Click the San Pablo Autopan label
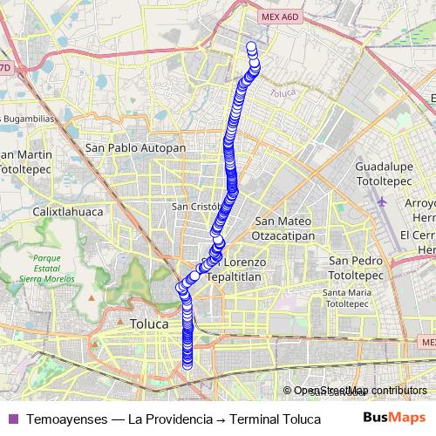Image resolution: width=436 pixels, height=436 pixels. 135,148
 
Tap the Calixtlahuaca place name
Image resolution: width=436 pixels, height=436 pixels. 68,212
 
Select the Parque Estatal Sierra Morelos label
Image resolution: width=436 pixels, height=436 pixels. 54,270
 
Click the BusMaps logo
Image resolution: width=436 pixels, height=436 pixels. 394,417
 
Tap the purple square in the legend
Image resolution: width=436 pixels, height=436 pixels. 11,419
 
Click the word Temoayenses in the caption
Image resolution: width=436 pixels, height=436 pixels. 65,419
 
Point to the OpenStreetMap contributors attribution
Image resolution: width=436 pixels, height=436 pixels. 358,391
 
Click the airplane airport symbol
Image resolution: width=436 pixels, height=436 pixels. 384,201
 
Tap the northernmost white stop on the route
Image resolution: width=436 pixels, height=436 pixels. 252,47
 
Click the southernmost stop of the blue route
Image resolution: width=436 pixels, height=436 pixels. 187,364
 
